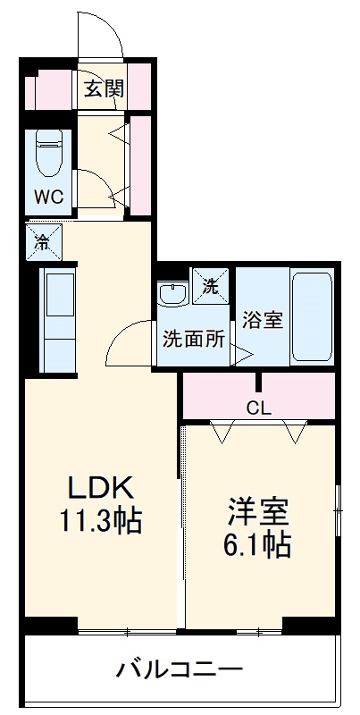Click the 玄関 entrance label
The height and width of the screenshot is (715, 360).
pos(105,88)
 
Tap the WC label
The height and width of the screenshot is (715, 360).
pos(48,197)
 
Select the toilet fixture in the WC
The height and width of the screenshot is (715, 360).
pos(48,154)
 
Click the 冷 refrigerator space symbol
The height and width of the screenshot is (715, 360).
pos(43,240)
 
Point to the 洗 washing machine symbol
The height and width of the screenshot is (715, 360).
pos(211,287)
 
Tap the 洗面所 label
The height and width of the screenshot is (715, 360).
pos(194,341)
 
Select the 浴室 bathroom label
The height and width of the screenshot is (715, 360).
pos(262,319)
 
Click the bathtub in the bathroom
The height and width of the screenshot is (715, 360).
pos(312,317)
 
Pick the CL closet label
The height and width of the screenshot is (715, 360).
pos(258,408)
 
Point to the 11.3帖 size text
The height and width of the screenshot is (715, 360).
pos(101,521)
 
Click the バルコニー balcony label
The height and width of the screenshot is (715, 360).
pos(179,670)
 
